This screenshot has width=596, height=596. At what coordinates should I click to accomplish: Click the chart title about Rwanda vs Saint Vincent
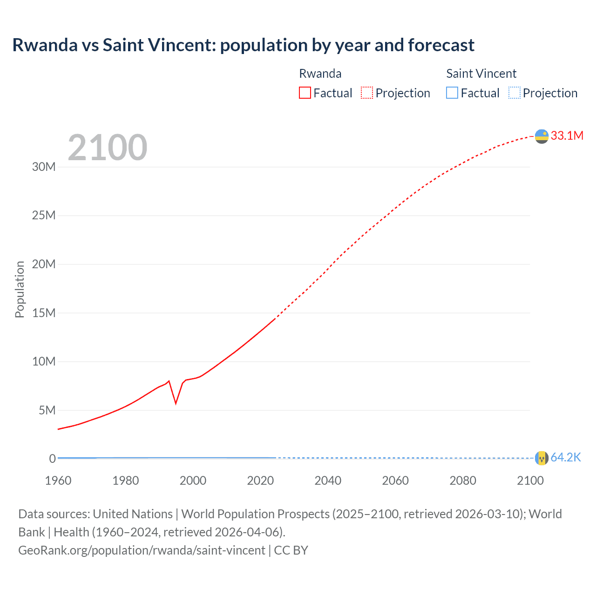tap(243, 45)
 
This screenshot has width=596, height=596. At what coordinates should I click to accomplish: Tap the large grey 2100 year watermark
tap(108, 148)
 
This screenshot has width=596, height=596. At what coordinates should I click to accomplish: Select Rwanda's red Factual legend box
tap(305, 93)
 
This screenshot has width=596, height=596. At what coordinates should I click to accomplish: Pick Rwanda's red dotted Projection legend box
tap(367, 93)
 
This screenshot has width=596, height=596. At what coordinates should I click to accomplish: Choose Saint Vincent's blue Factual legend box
tap(452, 93)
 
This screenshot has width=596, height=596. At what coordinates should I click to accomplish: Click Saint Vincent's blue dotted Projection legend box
tap(515, 93)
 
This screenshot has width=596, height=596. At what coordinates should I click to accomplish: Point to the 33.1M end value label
tap(567, 135)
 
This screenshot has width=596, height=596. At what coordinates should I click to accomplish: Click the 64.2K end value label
tap(566, 457)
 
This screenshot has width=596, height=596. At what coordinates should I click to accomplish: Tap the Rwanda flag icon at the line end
tap(542, 136)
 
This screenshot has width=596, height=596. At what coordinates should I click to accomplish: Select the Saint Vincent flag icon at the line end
tap(542, 458)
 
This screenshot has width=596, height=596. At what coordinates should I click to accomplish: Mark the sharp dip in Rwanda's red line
tap(176, 403)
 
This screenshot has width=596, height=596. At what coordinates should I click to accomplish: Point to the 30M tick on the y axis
tap(44, 167)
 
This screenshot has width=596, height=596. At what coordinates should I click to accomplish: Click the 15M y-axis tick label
tap(44, 313)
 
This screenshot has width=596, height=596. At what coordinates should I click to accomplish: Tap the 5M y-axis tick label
tap(47, 410)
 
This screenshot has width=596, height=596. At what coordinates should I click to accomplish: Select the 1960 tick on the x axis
tap(58, 481)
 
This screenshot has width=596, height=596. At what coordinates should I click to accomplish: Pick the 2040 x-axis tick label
tap(328, 481)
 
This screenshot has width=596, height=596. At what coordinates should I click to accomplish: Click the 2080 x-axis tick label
tap(463, 481)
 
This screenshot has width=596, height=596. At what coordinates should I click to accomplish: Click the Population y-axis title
tap(20, 289)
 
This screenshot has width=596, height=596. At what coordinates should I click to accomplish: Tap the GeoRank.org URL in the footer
tap(142, 550)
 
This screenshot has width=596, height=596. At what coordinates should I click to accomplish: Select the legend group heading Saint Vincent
tap(481, 74)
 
